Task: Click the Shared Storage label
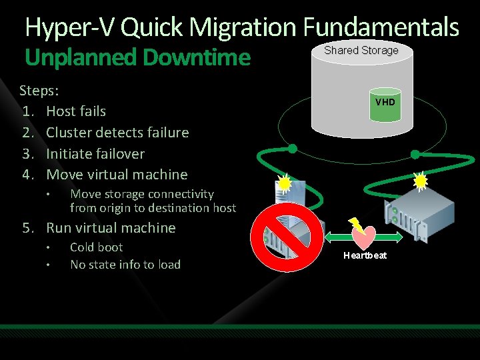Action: pos(361,50)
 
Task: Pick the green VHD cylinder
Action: pos(385,103)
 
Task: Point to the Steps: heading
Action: pos(39,90)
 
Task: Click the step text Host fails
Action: pos(75,111)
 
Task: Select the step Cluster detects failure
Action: pos(117,132)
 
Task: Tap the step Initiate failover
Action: pos(95,153)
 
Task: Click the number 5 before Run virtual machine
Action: pos(27,228)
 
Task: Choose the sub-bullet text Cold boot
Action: pos(96,247)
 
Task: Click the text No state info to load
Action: pos(125,264)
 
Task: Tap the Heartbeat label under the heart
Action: pos(365,256)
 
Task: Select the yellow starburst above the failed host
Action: pos(285,182)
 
